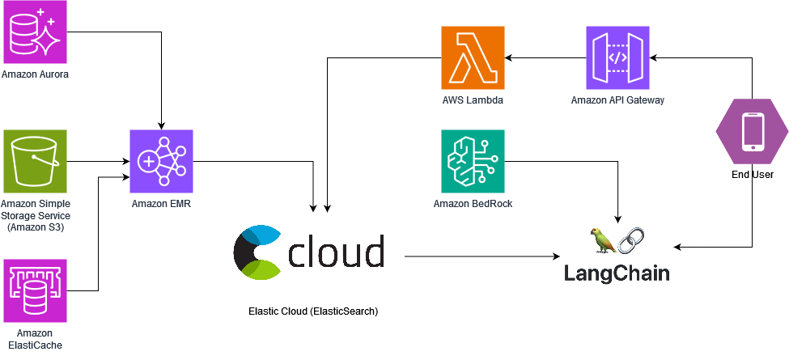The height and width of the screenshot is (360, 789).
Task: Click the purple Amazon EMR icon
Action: (162, 161)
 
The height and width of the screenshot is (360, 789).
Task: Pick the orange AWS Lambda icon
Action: (473, 57)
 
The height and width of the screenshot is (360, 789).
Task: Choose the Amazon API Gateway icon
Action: (617, 57)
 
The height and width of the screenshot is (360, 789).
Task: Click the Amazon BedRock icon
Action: (473, 161)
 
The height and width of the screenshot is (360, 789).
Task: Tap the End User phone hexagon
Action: (753, 133)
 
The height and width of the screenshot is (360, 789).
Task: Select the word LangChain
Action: (617, 273)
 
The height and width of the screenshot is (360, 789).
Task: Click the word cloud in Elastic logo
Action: (336, 252)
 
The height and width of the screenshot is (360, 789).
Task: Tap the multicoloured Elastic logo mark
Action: (257, 252)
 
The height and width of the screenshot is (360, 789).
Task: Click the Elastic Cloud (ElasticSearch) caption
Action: (314, 311)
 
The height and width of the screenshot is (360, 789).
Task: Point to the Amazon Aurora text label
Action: (35, 74)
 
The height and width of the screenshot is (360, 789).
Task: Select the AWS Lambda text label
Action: (473, 100)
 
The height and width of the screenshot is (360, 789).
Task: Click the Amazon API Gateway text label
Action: (617, 100)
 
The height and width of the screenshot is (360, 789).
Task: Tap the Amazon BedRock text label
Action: (473, 203)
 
